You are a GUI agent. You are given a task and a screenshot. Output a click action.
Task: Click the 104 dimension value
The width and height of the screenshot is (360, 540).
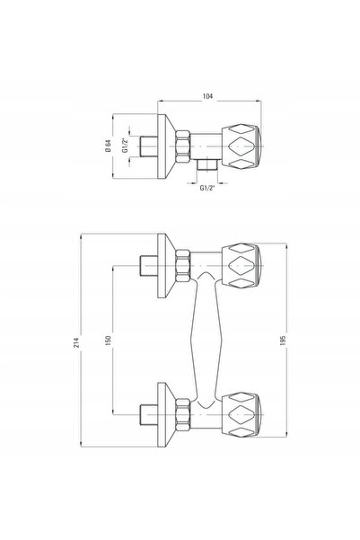click(207, 96)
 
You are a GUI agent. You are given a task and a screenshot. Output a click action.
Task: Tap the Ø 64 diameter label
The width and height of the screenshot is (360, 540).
click(108, 146)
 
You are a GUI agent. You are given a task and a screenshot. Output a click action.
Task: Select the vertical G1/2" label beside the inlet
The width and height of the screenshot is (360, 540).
click(125, 146)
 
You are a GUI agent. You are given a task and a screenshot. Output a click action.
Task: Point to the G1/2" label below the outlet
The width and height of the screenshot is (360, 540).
click(207, 188)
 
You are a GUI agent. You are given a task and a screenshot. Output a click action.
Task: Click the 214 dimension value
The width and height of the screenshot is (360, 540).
click(76, 342)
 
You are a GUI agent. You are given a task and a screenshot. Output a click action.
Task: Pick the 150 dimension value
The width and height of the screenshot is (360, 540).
click(109, 341)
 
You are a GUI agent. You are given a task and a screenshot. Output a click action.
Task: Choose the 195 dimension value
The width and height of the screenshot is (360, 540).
click(284, 341)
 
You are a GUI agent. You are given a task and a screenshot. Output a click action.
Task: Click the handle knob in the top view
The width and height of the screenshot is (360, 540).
click(241, 146)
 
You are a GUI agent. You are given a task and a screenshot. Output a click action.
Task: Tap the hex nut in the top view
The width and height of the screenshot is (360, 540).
click(183, 146)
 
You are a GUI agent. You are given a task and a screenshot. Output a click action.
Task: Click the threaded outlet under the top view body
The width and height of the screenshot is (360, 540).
click(207, 165)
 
